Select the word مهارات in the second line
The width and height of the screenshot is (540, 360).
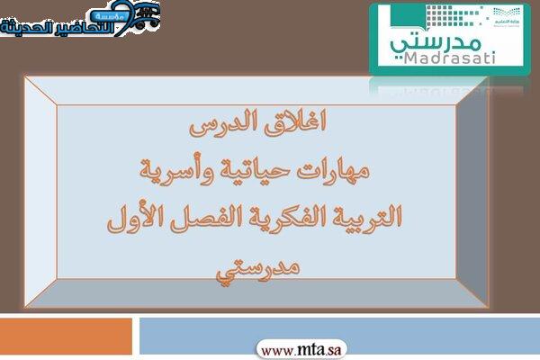(x=333, y=171)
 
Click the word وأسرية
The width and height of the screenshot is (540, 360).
(x=176, y=171)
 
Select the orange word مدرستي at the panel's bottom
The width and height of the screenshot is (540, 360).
(x=258, y=268)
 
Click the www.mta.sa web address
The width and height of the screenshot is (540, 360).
(x=301, y=351)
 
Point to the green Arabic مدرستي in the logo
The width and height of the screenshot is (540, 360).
(x=436, y=44)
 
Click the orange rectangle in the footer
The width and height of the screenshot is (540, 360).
(x=66, y=337)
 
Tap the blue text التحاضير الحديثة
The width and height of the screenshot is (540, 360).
(x=57, y=27)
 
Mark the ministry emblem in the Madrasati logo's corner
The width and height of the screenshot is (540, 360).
(x=506, y=16)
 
